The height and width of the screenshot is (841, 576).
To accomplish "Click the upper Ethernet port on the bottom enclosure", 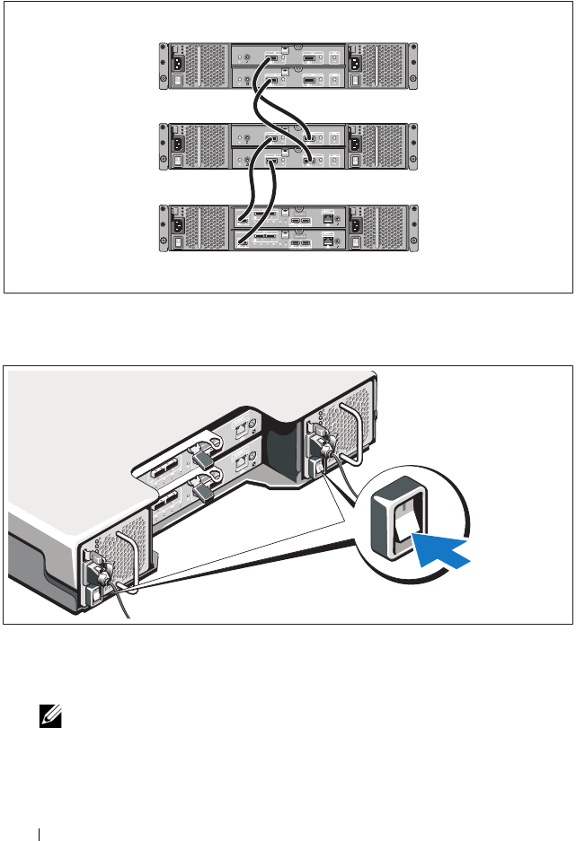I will (x=327, y=218).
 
